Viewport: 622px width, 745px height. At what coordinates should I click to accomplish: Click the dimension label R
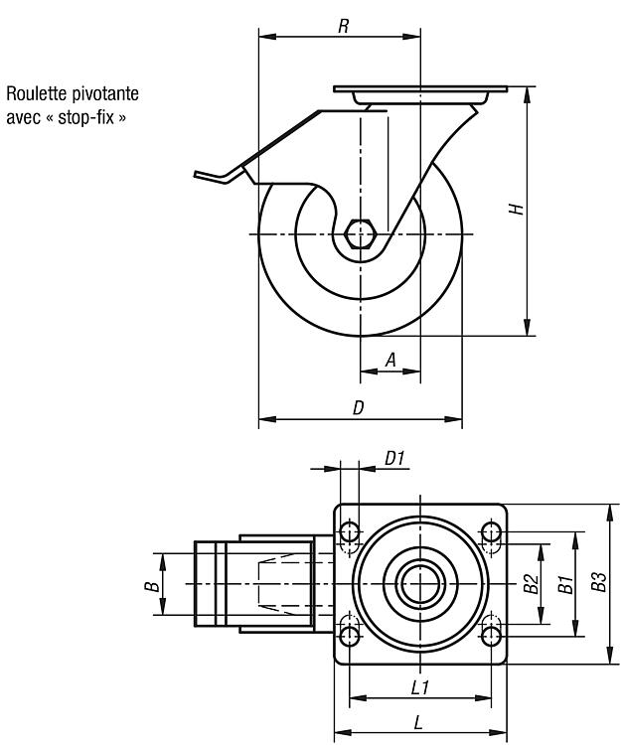344,26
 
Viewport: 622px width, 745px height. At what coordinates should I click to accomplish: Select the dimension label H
517,209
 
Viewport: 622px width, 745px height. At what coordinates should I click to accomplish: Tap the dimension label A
390,361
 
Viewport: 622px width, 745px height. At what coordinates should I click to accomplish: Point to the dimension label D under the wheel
359,407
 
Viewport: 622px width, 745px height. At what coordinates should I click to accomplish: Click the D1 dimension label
394,459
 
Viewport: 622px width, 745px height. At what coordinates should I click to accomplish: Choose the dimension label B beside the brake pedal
152,586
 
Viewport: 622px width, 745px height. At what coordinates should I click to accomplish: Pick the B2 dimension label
532,584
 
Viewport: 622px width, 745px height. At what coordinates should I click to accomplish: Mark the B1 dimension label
565,584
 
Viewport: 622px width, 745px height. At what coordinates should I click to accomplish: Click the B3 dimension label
599,582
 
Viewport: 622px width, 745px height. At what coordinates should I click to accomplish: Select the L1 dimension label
420,687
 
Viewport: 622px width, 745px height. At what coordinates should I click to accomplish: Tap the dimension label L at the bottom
418,723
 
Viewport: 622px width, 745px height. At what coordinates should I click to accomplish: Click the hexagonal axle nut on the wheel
360,233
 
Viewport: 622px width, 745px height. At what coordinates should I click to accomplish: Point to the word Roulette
37,93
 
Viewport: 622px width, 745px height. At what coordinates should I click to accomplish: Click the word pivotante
105,94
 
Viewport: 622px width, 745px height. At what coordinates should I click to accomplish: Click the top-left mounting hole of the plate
350,530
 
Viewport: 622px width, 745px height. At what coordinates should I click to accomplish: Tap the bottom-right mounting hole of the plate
491,636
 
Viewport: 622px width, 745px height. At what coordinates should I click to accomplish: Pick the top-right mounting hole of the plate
491,530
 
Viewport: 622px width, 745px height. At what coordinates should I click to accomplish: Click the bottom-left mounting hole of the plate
350,636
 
